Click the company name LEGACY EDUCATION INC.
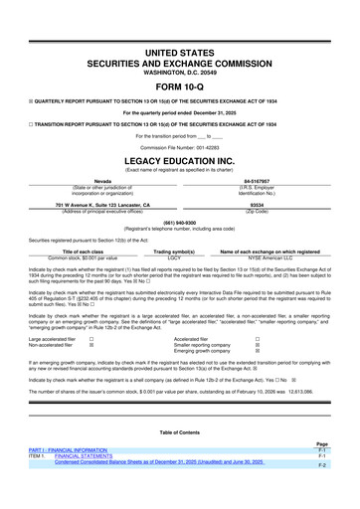pyautogui.click(x=179, y=159)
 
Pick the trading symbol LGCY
pyautogui.click(x=173, y=257)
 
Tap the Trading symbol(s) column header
pyautogui.click(x=173, y=252)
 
